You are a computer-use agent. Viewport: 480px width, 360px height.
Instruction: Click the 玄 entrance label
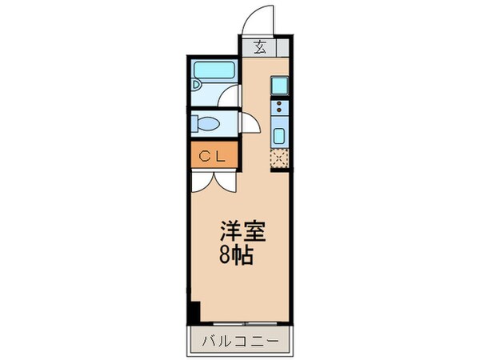261,47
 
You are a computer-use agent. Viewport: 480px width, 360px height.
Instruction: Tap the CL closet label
213,155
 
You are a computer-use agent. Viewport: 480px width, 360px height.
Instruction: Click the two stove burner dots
279,107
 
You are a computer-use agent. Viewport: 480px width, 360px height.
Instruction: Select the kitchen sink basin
279,134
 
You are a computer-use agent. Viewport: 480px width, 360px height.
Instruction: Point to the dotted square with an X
279,158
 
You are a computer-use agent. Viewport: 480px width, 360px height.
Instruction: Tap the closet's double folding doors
213,178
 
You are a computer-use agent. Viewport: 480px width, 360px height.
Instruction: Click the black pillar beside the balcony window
194,312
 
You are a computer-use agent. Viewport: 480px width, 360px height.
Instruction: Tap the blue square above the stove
279,85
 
